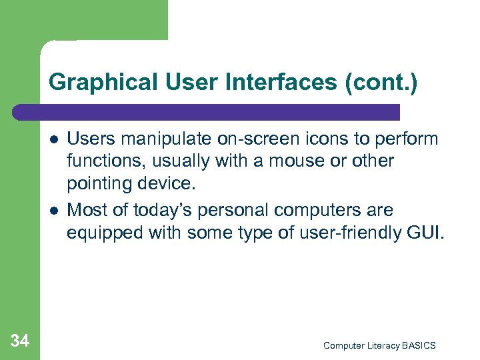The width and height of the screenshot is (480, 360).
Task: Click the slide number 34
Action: point(20,341)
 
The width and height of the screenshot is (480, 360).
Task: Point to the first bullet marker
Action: point(53,140)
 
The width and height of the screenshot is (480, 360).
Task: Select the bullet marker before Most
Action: point(53,211)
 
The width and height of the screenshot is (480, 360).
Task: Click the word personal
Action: point(238,210)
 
